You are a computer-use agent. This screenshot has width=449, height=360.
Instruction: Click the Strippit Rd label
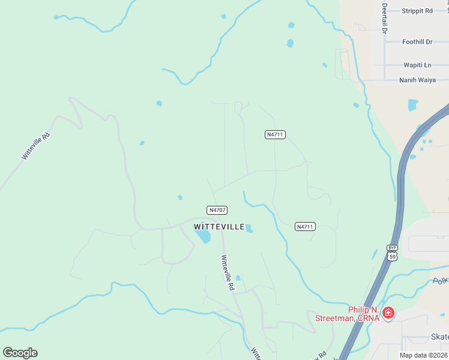click(417, 11)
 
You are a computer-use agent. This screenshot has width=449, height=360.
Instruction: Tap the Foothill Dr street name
click(417, 41)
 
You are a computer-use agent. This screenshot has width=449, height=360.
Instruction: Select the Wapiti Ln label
click(417, 65)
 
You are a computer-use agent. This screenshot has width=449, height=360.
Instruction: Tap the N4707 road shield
click(217, 210)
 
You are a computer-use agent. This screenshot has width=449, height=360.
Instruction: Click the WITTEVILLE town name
click(219, 227)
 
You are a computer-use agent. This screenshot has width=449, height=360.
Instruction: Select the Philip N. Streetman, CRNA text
click(348, 314)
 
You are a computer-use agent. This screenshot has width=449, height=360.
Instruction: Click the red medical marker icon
click(388, 313)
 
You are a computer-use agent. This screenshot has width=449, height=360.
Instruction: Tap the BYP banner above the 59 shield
click(392, 247)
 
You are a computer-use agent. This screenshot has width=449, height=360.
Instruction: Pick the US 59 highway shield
click(392, 256)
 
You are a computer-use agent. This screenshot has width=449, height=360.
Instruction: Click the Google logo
click(20, 352)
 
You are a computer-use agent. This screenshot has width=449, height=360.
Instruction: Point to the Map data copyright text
click(424, 355)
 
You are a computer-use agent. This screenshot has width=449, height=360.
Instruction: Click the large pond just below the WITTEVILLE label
click(203, 236)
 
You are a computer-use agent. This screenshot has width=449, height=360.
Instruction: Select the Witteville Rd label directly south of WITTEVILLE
click(228, 273)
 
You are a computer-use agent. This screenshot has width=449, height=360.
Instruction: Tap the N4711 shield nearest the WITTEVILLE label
click(305, 227)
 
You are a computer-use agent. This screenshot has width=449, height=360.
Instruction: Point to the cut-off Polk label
click(440, 281)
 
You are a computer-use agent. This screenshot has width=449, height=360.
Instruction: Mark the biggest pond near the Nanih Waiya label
click(413, 105)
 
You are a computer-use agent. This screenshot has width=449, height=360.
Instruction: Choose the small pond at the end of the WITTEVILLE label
click(249, 229)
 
